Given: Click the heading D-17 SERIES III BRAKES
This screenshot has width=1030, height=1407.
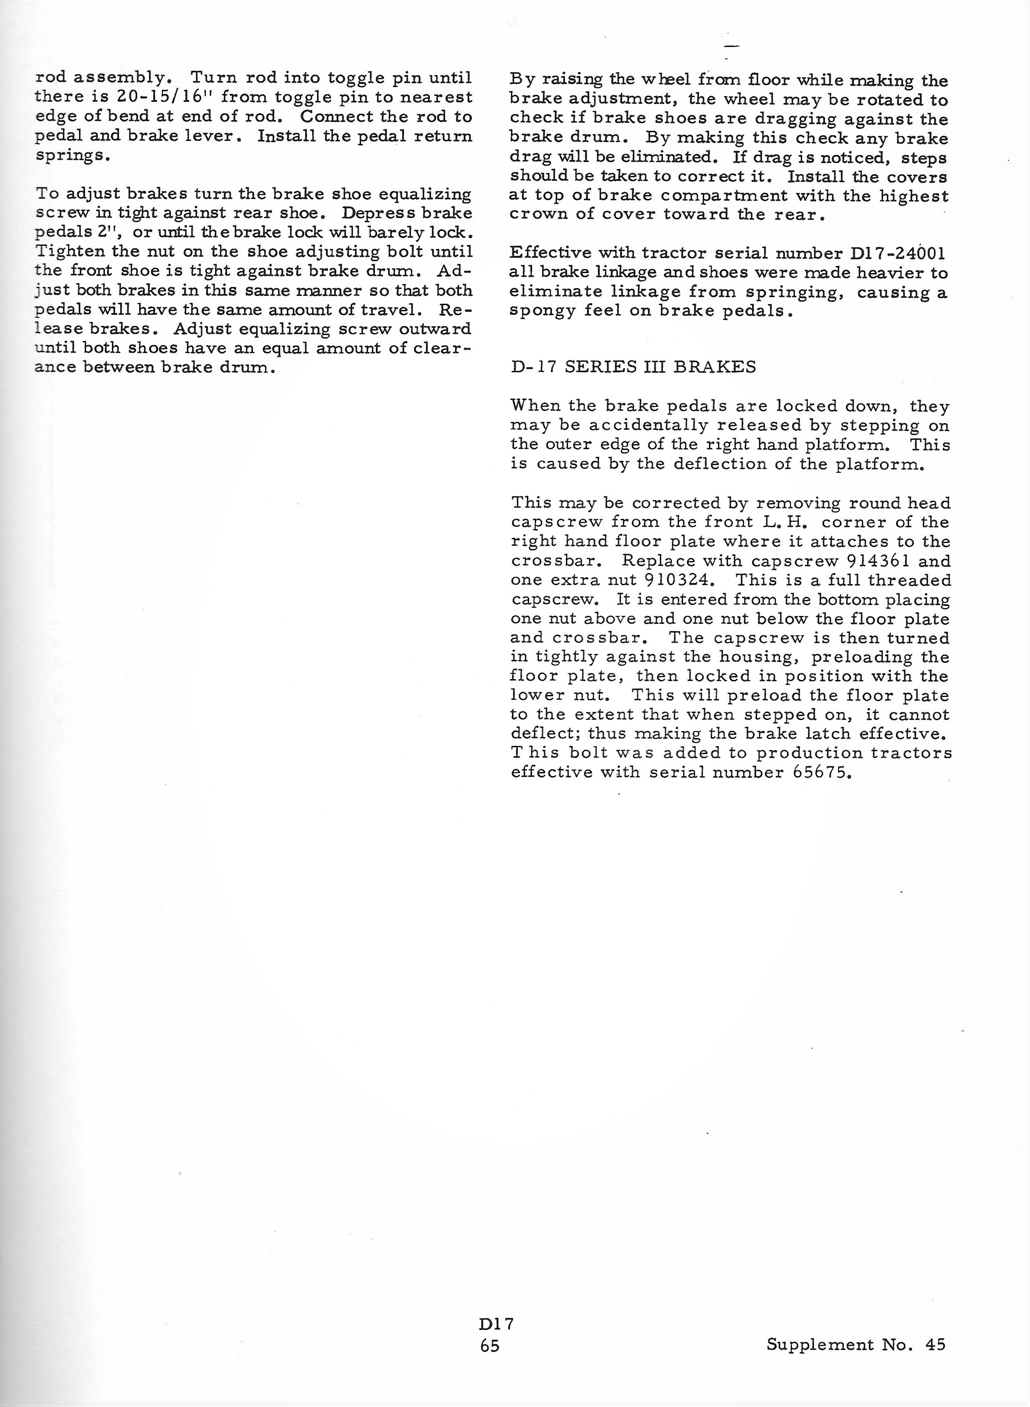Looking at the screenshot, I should tap(633, 367).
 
